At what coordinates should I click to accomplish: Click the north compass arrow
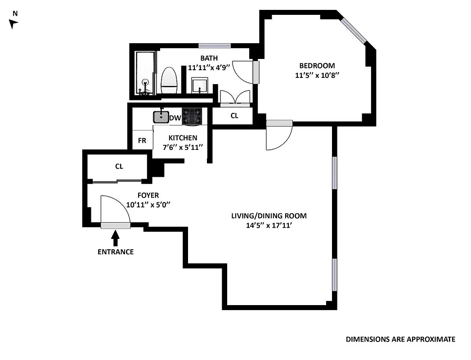[13, 24]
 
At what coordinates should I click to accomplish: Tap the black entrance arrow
[116, 237]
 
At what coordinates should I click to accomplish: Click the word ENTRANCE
[116, 252]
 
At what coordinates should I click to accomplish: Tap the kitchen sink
[161, 117]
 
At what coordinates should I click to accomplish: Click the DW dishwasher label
[175, 118]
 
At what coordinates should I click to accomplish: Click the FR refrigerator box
[142, 140]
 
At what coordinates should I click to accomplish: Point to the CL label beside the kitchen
[234, 116]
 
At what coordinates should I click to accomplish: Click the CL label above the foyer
[119, 166]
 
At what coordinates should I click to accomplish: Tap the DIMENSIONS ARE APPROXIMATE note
[400, 339]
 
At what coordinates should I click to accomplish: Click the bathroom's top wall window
[215, 45]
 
